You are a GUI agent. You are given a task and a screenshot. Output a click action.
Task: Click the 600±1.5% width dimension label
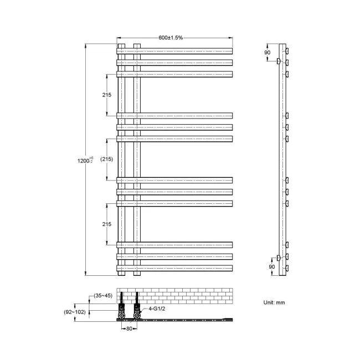point(171,38)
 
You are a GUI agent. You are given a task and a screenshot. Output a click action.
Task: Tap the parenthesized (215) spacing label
point(107,159)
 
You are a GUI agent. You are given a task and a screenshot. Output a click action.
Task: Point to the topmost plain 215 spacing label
point(107,95)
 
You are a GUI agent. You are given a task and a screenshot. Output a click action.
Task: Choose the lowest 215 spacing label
point(107,224)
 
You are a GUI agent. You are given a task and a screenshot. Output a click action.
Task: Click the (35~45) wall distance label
point(102,295)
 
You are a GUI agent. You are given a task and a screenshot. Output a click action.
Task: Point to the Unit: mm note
point(274,303)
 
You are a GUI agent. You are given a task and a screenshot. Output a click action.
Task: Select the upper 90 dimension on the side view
point(268,52)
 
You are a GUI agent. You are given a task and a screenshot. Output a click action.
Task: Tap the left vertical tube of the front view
point(121,161)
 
